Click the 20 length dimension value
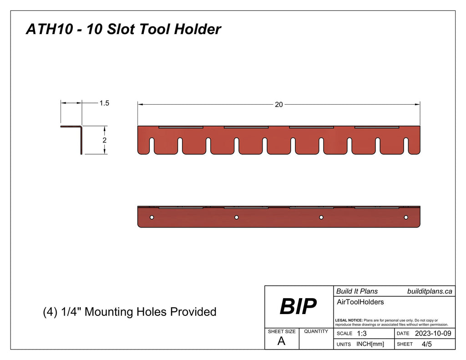tap(279, 104)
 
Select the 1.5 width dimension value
tap(104, 103)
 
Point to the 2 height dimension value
tap(104, 140)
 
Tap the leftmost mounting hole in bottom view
tap(152, 218)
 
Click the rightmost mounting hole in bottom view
tap(406, 218)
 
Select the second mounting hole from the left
tap(237, 218)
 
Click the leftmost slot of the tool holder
tap(152, 145)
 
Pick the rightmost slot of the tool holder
tap(406, 145)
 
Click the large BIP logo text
tap(298, 307)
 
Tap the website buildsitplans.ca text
tap(429, 291)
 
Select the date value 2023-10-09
tap(433, 334)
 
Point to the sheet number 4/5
tap(426, 344)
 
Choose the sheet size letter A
tap(281, 342)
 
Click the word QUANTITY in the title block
tap(316, 331)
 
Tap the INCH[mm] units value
tap(370, 344)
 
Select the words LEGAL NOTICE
tap(349, 320)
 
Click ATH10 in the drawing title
tap(44, 30)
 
